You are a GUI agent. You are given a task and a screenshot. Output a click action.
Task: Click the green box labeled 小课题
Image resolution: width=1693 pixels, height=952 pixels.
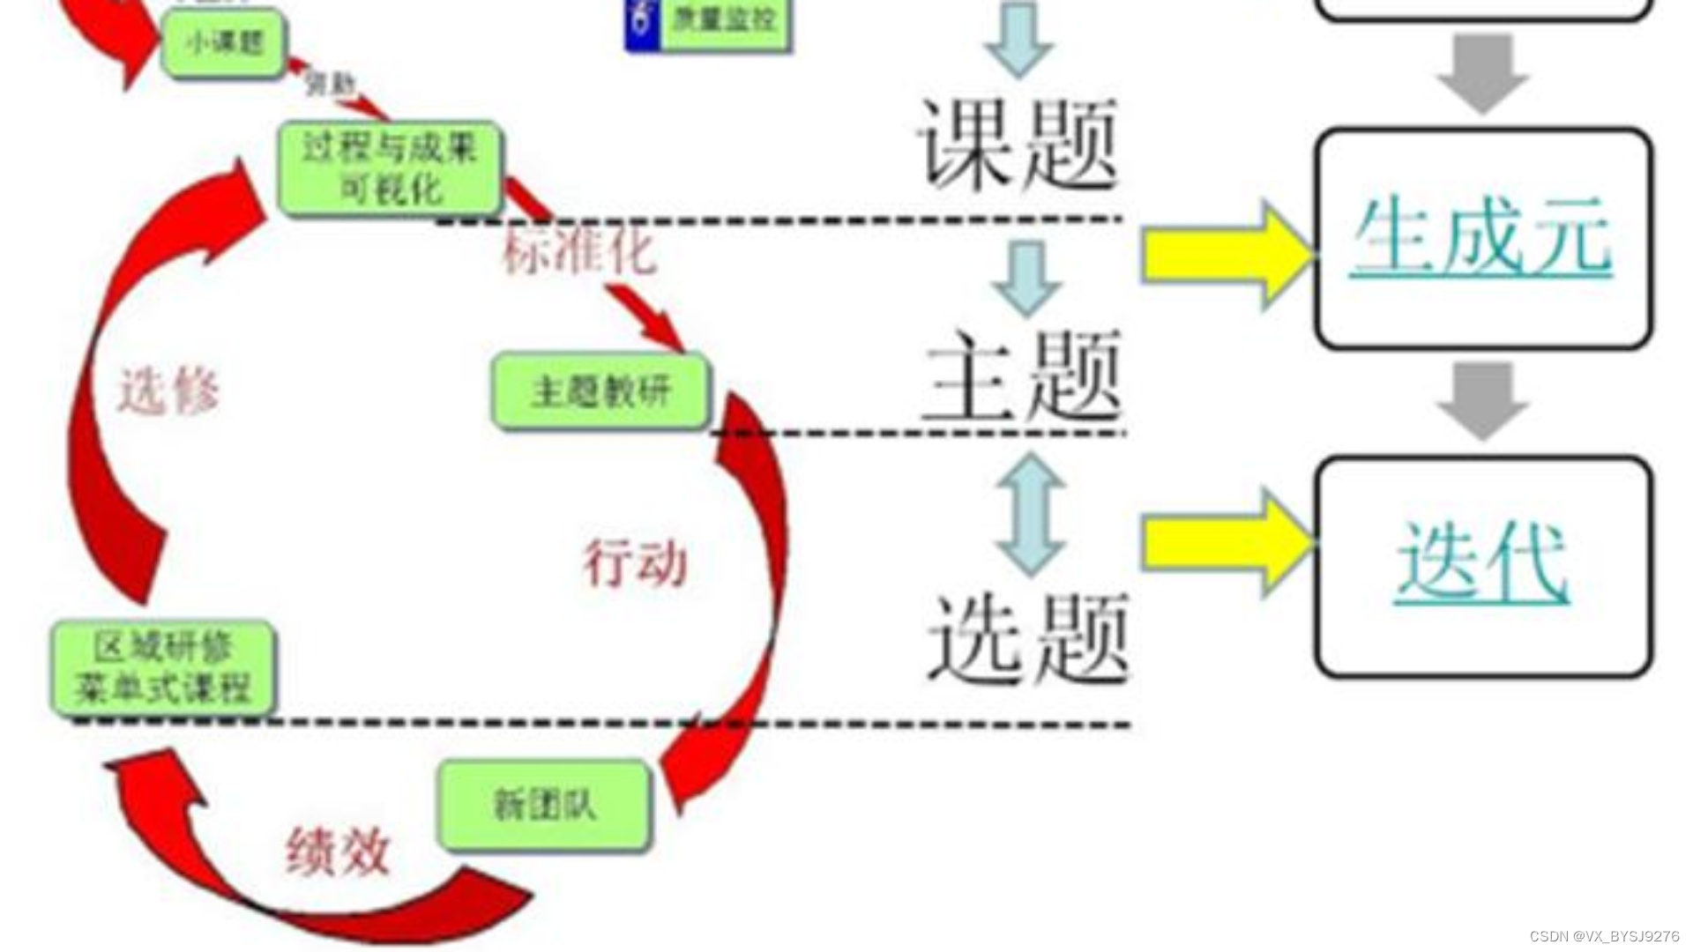point(224,43)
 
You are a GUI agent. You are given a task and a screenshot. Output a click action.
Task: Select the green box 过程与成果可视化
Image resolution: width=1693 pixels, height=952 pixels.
point(390,167)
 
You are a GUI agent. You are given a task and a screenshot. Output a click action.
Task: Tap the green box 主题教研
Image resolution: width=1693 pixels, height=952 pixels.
point(600,390)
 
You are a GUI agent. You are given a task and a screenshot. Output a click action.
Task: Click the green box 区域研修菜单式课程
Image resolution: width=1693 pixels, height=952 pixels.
point(163,667)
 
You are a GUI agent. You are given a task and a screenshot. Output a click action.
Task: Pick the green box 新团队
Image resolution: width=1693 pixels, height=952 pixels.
point(545,805)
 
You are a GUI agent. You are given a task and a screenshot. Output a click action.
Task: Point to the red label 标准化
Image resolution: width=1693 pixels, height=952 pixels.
point(579,251)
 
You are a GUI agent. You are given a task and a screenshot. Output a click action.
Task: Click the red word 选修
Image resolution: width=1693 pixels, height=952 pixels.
point(168,390)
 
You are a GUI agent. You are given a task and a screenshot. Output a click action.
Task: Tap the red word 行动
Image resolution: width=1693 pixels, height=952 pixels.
point(635,562)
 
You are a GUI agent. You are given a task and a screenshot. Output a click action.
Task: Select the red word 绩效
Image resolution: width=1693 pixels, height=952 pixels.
point(338,852)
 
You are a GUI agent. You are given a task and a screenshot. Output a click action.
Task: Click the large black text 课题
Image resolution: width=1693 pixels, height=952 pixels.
point(1019,144)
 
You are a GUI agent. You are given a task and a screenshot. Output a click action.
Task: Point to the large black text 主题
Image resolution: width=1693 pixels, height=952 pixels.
point(1023,376)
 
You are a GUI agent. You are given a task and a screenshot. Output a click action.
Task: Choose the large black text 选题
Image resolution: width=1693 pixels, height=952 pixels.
point(1028,638)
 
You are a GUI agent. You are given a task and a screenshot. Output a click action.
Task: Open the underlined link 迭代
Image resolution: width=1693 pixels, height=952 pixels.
point(1482,562)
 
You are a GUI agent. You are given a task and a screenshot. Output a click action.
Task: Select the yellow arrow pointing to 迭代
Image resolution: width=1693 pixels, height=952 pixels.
point(1226,543)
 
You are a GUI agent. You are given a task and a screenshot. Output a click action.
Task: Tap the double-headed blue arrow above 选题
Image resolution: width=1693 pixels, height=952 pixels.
point(1031,515)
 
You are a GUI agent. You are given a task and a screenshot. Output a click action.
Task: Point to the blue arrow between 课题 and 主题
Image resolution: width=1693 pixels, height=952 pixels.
point(1025,278)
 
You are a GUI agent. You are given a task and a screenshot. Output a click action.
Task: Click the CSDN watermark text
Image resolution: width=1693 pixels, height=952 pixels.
point(1604,936)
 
